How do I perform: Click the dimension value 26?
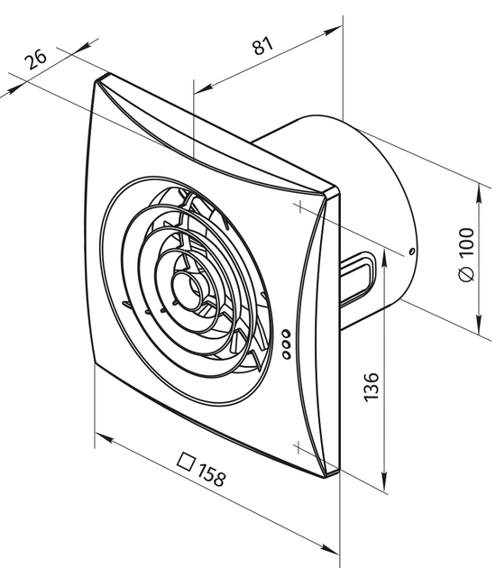(35, 59)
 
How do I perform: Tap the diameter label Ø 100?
(466, 254)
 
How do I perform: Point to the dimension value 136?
(371, 387)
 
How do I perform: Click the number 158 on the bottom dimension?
(212, 474)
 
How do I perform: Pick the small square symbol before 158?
(186, 462)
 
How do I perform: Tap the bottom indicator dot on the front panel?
(286, 354)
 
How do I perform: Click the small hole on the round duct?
(411, 251)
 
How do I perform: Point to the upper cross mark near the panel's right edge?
(299, 207)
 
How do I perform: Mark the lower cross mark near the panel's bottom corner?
(298, 448)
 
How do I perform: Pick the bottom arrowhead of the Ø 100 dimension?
(480, 324)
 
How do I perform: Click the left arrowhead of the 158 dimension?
(105, 438)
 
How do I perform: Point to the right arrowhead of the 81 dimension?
(332, 31)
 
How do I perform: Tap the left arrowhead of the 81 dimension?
(204, 88)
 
